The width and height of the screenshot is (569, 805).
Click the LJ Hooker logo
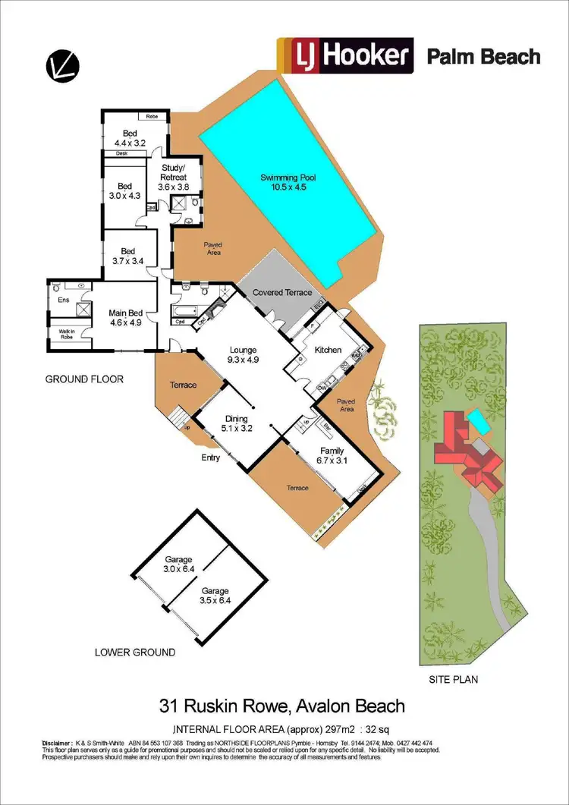[x=345, y=56]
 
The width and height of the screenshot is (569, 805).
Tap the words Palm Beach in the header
[x=483, y=57]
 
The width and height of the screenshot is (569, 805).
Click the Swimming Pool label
[x=288, y=183]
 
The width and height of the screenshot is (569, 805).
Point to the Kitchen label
[x=328, y=350]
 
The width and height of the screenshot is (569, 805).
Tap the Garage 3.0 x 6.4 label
[x=180, y=564]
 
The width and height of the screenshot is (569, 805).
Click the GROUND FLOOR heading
[x=83, y=379]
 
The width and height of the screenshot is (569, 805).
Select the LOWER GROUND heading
[x=135, y=652]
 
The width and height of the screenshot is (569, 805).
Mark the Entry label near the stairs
[x=210, y=458]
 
